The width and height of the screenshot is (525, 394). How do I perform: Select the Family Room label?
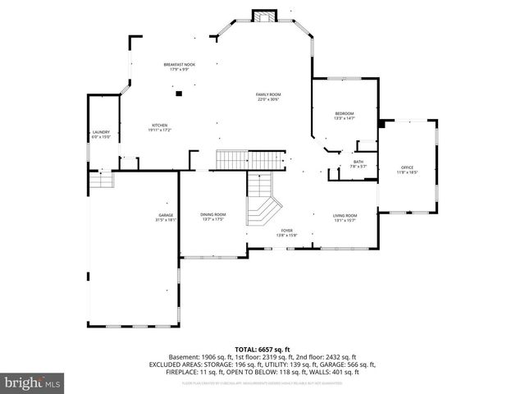coord(268,97)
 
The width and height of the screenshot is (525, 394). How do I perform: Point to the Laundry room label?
coord(101,134)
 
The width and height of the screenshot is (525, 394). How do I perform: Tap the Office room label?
coord(408,169)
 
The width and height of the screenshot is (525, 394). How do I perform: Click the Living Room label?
coord(345,217)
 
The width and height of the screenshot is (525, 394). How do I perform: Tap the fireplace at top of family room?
coord(265,16)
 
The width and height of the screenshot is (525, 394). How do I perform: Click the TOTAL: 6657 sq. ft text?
coord(262,349)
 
